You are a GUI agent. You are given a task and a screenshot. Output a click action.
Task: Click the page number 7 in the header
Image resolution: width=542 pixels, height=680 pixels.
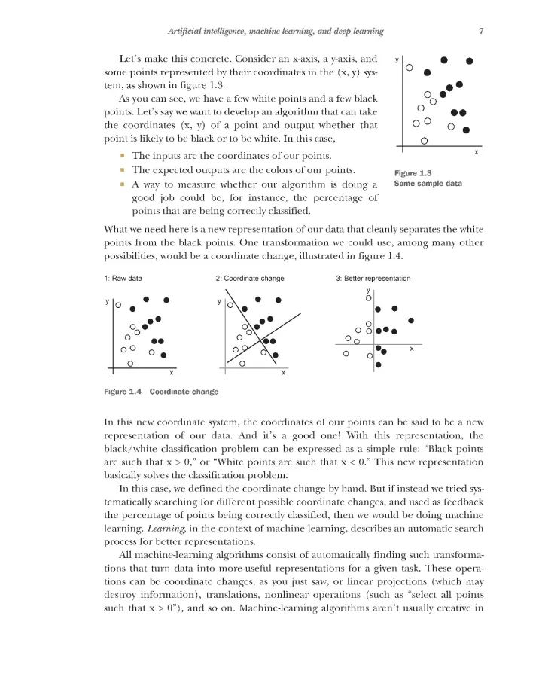[480, 31]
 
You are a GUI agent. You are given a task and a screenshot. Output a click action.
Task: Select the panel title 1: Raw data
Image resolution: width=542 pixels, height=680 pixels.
[123, 278]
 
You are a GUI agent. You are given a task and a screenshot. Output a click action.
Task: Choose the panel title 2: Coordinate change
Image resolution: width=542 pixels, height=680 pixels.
[250, 278]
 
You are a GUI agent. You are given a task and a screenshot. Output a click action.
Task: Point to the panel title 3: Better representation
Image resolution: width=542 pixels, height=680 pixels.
[373, 278]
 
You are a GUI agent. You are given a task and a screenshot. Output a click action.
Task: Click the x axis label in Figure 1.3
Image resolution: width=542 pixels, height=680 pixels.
[477, 153]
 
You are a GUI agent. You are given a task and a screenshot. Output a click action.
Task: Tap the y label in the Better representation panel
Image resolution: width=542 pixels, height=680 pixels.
[368, 289]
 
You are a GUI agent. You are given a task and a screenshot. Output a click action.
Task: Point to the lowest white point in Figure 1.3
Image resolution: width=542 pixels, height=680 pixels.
[425, 140]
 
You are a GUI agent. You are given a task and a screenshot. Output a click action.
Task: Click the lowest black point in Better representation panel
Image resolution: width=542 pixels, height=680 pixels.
[378, 365]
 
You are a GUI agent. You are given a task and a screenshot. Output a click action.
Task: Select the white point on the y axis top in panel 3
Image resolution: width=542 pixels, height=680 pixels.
[368, 299]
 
